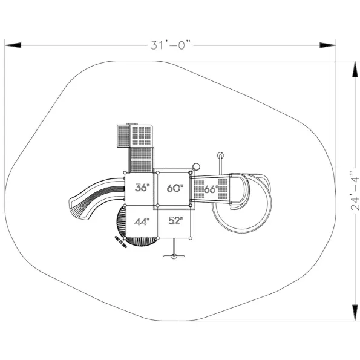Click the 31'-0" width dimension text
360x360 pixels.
tap(171, 45)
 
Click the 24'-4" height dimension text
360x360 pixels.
tap(355, 191)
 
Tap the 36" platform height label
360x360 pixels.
tap(142, 188)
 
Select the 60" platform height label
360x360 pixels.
tap(175, 188)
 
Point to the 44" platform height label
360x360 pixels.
tap(142, 221)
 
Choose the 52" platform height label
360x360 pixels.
tap(175, 221)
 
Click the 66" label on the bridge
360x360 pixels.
tap(211, 189)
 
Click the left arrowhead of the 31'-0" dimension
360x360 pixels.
tap(13, 45)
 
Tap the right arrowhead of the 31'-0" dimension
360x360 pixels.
tap(328, 45)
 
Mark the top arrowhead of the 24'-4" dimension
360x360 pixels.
tap(355, 69)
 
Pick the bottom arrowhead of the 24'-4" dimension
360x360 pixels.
tap(355, 312)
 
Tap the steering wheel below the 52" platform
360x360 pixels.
tap(174, 256)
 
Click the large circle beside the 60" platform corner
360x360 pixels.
tap(196, 166)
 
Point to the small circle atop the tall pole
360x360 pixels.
tap(220, 155)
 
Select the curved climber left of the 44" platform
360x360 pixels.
tap(121, 221)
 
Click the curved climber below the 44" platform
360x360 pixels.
tap(142, 241)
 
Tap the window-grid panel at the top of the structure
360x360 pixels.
tap(142, 136)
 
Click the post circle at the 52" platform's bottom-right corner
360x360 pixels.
tap(191, 238)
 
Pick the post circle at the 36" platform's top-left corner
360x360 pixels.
tap(125, 172)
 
